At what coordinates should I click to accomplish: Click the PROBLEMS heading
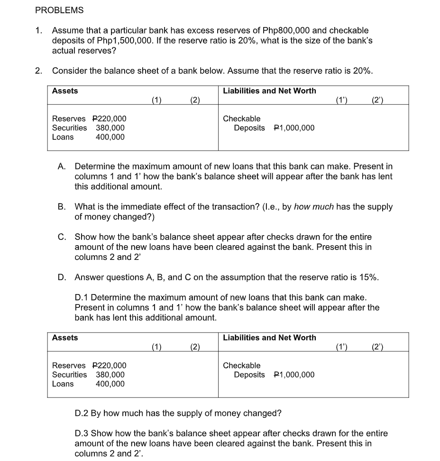point(59,10)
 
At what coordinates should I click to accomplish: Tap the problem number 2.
point(38,71)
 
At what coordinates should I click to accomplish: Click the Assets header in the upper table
point(65,91)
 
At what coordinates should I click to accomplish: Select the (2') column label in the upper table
point(378,100)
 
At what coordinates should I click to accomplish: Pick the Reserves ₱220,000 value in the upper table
point(109,119)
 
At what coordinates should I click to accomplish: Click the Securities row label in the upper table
point(69,128)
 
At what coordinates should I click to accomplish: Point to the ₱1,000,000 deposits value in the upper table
point(294,128)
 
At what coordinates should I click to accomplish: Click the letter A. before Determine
point(62,166)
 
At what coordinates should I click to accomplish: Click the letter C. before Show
point(62,237)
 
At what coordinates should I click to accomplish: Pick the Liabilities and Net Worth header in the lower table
point(269,338)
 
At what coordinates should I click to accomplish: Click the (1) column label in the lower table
point(157,347)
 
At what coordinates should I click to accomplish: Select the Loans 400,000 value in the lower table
point(110,384)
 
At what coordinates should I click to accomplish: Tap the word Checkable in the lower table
point(241,366)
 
